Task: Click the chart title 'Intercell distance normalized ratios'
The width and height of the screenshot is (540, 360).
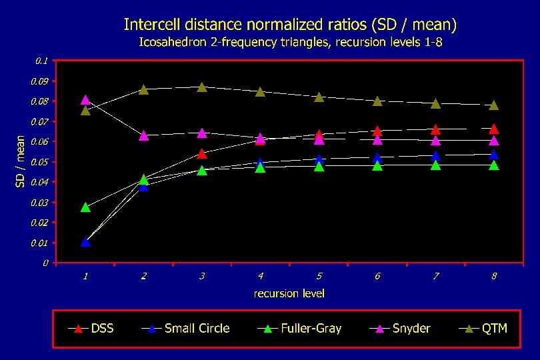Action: pyautogui.click(x=290, y=25)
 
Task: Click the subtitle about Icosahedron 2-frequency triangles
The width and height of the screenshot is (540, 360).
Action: pyautogui.click(x=290, y=43)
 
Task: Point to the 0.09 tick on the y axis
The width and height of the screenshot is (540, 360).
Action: pyautogui.click(x=41, y=81)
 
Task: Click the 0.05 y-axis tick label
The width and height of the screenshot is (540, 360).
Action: pyautogui.click(x=41, y=162)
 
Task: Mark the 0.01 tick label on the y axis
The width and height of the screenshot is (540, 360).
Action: pyautogui.click(x=41, y=243)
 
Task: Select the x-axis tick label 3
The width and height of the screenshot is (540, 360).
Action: pyautogui.click(x=202, y=276)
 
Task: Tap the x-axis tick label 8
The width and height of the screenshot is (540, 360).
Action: pyautogui.click(x=494, y=276)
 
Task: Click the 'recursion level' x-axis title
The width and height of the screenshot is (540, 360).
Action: pyautogui.click(x=289, y=293)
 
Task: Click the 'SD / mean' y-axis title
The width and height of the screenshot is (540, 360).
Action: pyautogui.click(x=21, y=161)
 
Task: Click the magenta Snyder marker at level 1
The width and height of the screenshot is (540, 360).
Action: pyautogui.click(x=85, y=100)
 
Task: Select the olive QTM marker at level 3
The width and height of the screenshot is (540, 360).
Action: pyautogui.click(x=202, y=87)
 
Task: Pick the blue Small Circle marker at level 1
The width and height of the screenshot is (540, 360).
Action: pyautogui.click(x=85, y=242)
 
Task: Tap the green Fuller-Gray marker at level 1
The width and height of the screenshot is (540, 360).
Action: pyautogui.click(x=85, y=207)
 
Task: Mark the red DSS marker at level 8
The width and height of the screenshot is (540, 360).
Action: pyautogui.click(x=494, y=129)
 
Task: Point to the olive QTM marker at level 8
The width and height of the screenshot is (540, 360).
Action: pyautogui.click(x=494, y=105)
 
